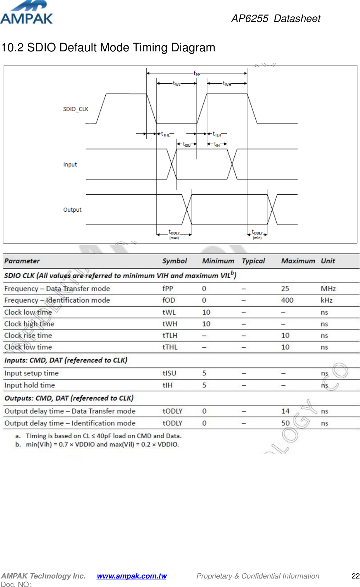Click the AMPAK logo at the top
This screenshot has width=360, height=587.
click(x=27, y=13)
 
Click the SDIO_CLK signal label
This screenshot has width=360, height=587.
click(x=76, y=109)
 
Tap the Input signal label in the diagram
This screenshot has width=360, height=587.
click(x=70, y=164)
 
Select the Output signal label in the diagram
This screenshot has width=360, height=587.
click(x=72, y=210)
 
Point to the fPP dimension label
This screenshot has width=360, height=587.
click(x=196, y=73)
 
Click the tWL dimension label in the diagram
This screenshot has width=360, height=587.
click(x=177, y=84)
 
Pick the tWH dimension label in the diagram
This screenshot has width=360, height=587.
click(x=227, y=84)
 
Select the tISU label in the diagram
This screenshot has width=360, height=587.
click(x=187, y=144)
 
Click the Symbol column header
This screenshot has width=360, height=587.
click(x=175, y=261)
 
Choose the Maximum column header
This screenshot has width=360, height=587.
click(x=298, y=261)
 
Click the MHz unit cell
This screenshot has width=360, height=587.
click(x=328, y=289)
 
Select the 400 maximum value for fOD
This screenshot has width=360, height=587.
click(x=287, y=300)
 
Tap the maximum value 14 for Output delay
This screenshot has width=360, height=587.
click(x=286, y=411)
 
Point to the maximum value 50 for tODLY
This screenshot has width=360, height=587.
click(x=286, y=423)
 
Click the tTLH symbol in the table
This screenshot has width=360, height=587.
click(x=170, y=335)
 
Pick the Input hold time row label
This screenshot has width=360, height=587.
click(x=30, y=385)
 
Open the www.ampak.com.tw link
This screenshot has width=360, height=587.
click(x=132, y=576)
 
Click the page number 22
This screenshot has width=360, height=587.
click(x=355, y=576)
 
